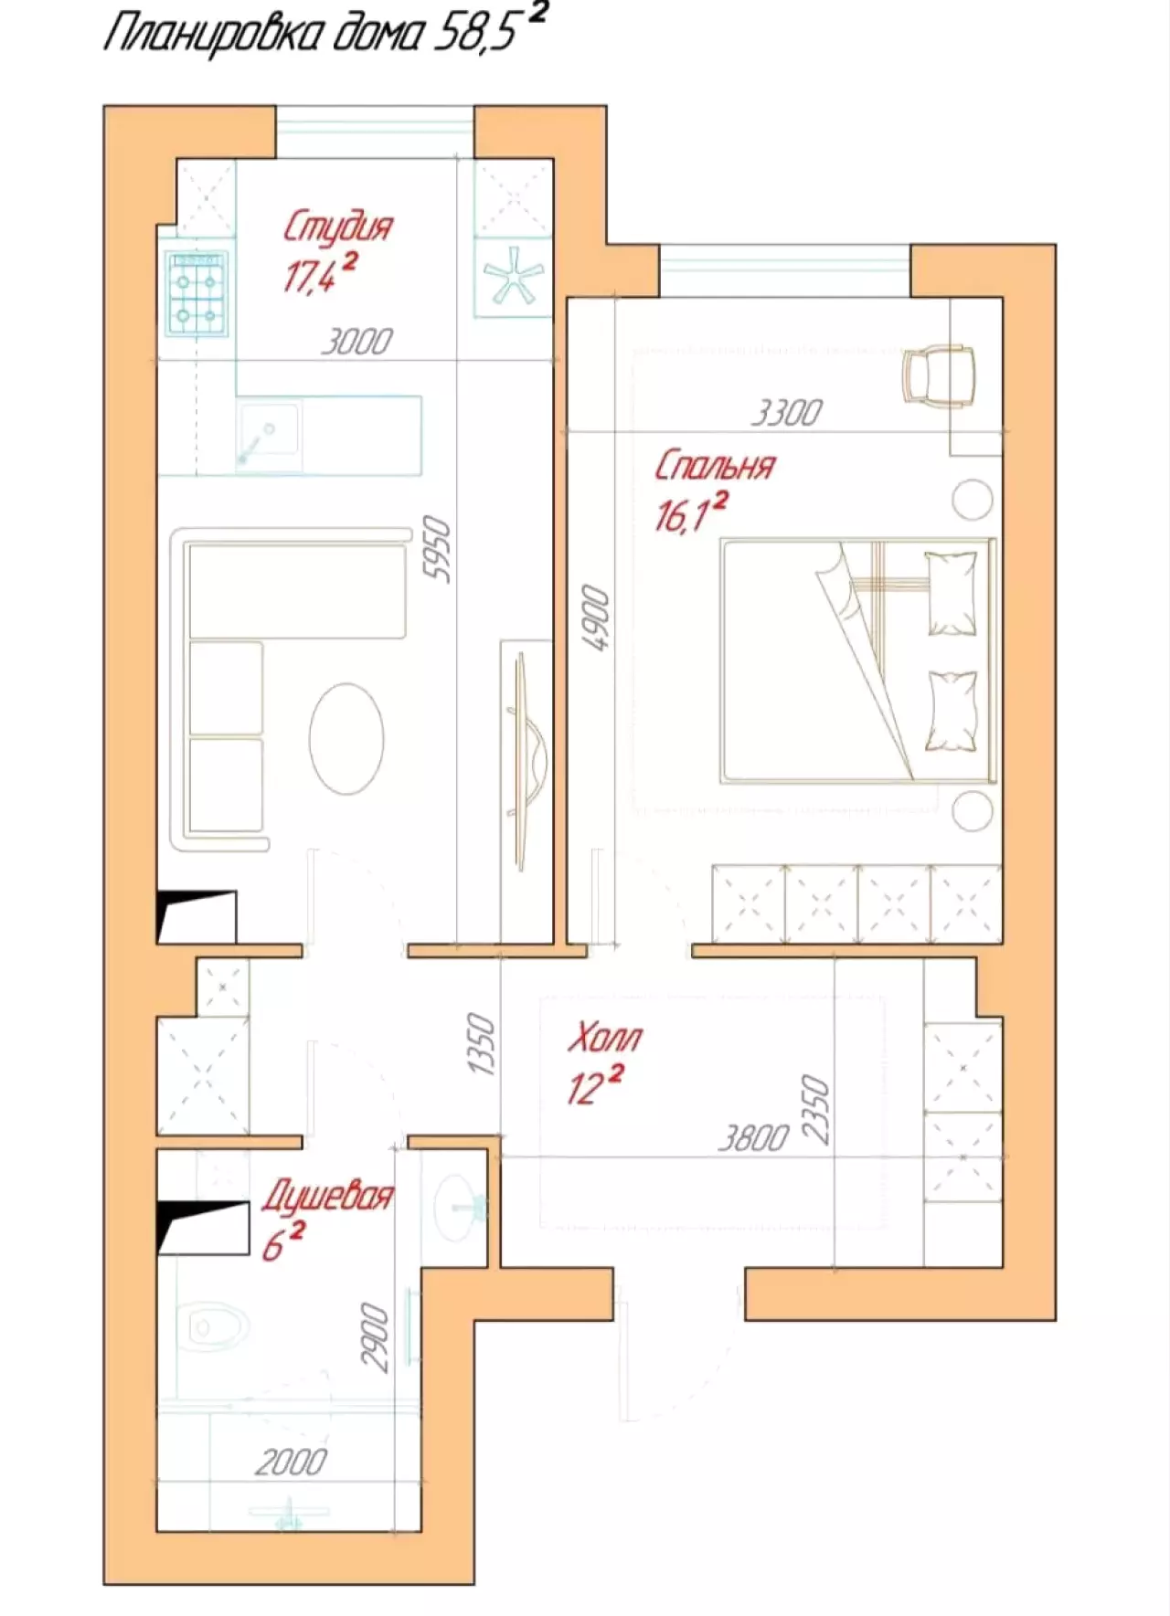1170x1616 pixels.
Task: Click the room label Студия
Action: [337, 227]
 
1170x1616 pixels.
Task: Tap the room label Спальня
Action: [714, 466]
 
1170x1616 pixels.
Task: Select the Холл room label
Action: [604, 1038]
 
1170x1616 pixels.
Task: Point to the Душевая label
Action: [327, 1195]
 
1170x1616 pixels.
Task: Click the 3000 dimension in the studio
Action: [356, 342]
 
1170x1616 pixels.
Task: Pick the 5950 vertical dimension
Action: [438, 548]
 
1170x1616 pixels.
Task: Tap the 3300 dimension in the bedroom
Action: [786, 413]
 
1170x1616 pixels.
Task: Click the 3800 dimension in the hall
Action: [752, 1138]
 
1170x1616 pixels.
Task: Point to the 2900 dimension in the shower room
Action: [374, 1337]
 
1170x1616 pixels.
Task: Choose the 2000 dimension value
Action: [291, 1463]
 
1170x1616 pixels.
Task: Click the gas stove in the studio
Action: [197, 293]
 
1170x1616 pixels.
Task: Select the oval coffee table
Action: [346, 739]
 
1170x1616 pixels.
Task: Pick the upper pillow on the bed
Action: [952, 592]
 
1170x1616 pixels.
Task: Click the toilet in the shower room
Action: [212, 1327]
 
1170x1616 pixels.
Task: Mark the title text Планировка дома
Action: [263, 34]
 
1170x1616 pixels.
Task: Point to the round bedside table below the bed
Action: [972, 811]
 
